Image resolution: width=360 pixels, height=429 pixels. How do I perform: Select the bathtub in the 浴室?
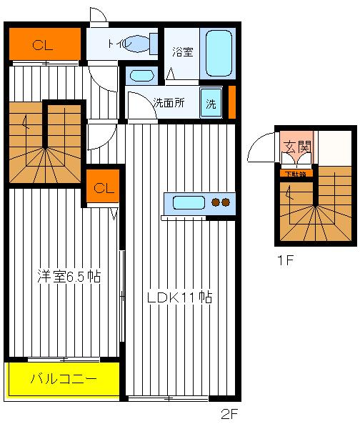219,53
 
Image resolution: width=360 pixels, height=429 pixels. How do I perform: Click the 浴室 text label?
182,51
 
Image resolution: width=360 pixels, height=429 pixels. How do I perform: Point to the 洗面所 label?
169,102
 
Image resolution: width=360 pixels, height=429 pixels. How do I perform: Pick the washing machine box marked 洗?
211,102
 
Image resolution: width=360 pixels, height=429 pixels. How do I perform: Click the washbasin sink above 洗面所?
143,75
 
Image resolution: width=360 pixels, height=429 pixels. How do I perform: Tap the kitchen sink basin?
188,202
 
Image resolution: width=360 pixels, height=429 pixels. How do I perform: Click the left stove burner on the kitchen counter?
216,202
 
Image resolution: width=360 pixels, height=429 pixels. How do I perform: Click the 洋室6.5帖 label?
69,277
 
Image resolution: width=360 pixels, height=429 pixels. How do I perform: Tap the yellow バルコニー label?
63,379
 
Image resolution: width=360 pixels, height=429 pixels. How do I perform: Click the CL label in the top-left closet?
43,45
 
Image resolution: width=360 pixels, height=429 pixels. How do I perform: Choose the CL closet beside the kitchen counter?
103,188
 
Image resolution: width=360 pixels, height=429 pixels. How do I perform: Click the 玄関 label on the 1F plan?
297,148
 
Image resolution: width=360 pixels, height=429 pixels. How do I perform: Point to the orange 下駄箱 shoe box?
296,173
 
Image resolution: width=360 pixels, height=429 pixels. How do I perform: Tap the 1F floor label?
286,261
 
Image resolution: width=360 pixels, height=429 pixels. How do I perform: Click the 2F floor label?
229,414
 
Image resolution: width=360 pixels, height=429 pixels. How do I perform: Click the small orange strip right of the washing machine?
231,101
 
